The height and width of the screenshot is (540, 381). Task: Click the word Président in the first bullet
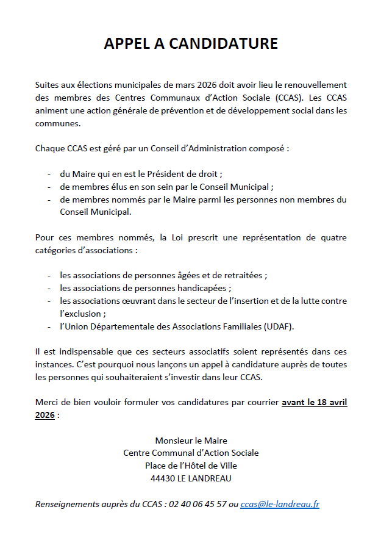[x=160, y=174]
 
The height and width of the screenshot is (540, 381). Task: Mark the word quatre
[x=333, y=237]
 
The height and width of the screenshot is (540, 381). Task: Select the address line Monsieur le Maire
[x=191, y=441]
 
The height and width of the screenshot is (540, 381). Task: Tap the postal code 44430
[x=163, y=478]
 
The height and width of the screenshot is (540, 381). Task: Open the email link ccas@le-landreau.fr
[x=280, y=504]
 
